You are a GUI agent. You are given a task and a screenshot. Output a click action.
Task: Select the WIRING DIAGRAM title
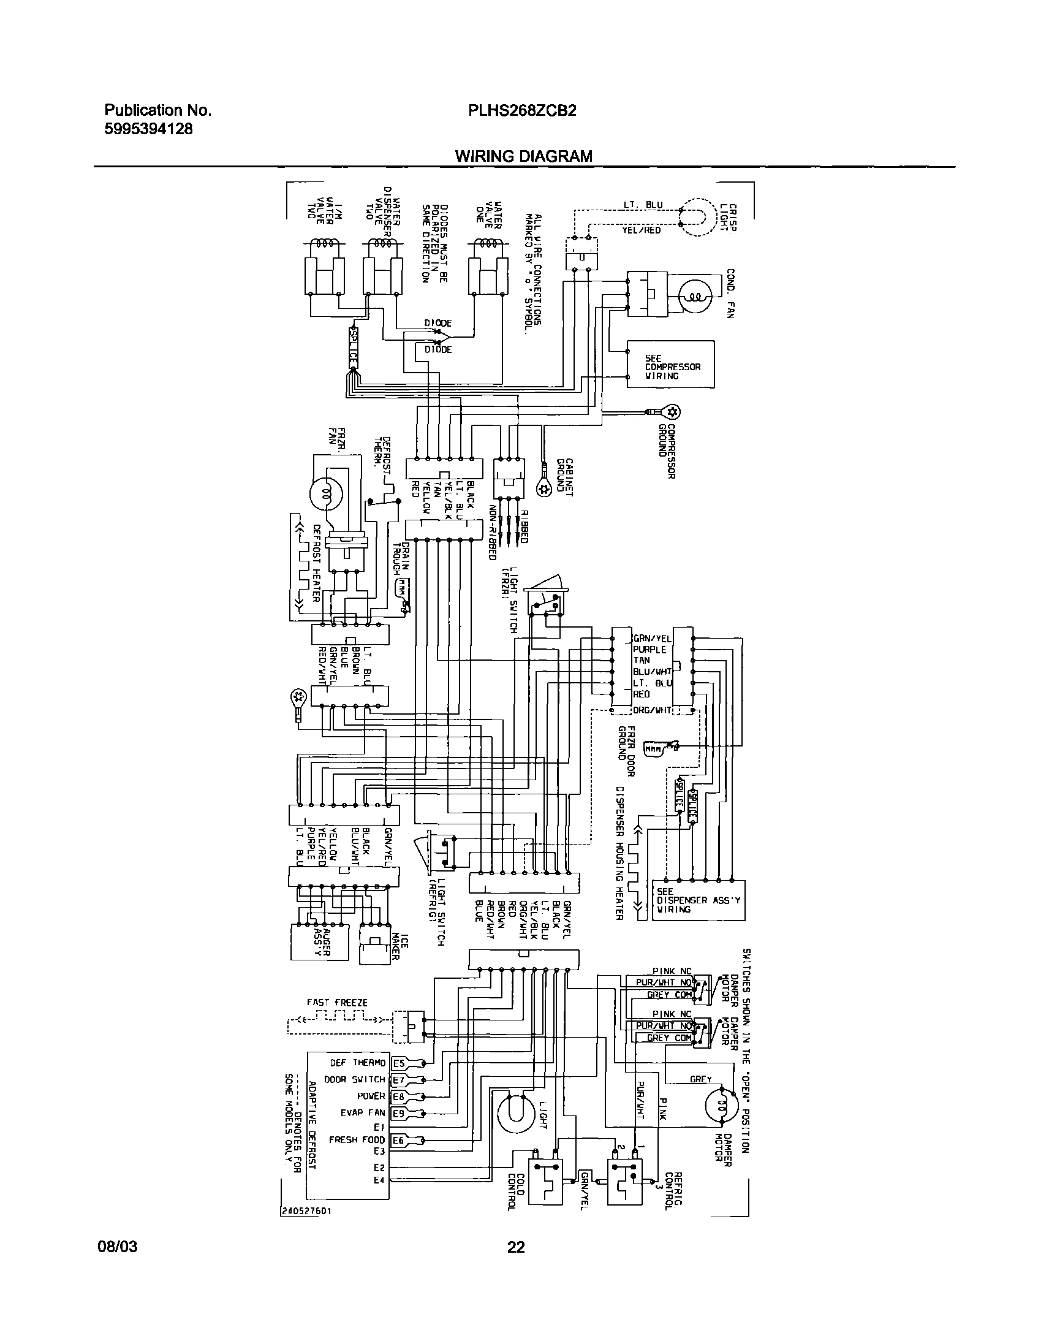523,156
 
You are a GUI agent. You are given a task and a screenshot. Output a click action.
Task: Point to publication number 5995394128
148,129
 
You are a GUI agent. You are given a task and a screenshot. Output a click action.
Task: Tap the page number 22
516,1247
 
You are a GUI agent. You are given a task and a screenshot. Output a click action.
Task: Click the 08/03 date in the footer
118,1247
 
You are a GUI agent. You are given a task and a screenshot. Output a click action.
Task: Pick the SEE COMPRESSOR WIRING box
671,364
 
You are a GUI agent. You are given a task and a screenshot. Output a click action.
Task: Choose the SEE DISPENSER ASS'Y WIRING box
699,900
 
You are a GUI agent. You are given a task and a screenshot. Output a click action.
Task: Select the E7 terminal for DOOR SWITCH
399,1080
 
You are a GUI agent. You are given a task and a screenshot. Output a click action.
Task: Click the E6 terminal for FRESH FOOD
399,1140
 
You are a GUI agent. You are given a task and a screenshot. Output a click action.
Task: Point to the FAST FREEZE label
337,1003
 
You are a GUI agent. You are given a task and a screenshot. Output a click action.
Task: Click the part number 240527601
307,1212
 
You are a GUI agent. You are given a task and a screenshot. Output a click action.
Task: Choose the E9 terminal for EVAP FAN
399,1113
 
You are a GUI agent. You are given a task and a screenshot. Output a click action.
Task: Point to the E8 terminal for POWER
399,1096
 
